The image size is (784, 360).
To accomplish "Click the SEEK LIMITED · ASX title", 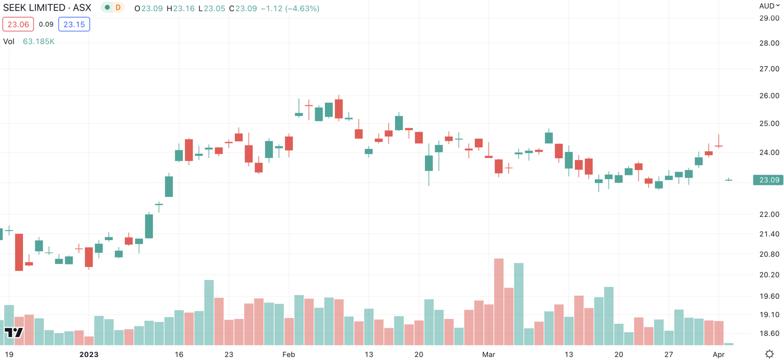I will tap(47, 8).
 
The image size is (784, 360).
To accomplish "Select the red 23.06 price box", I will tap(18, 24).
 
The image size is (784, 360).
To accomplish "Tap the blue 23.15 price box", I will tap(74, 24).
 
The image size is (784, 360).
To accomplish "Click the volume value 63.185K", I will tap(39, 42).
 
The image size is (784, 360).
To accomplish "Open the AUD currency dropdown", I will tap(769, 6).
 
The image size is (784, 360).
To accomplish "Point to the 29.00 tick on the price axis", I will tap(769, 18).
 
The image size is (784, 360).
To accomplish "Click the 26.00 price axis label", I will tap(769, 96).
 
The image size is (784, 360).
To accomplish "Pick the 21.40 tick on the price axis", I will tap(769, 234).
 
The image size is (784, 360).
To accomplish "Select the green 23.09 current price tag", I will tap(768, 180).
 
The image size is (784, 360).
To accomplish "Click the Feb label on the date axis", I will tap(289, 355).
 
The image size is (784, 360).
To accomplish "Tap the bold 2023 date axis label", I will tap(89, 355).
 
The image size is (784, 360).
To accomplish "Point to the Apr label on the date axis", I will tap(718, 355).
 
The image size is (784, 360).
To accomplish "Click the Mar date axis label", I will tap(489, 355).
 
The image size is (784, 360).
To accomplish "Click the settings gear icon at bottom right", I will tap(769, 354).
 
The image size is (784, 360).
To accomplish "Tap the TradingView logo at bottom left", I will tap(14, 333).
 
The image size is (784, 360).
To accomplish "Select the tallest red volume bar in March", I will tap(499, 301).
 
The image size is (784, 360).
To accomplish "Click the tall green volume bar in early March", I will tap(518, 304).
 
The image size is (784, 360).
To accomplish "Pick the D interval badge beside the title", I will tap(118, 8).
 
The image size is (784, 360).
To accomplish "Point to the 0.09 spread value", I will tap(46, 24).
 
